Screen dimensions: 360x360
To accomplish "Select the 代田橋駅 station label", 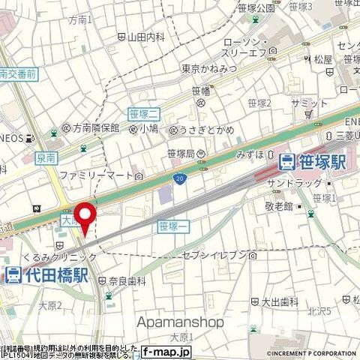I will point(46,275).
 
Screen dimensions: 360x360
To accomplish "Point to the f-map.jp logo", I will point(166,351).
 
